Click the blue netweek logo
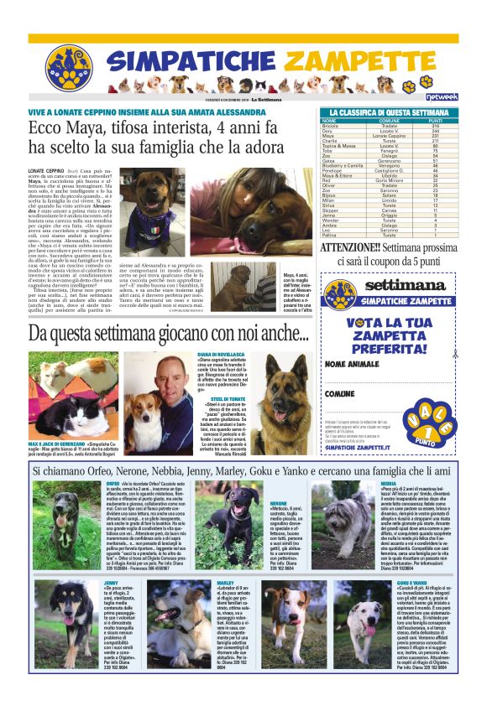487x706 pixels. pyautogui.click(x=442, y=97)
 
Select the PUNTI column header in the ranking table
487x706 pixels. pyautogui.click(x=436, y=121)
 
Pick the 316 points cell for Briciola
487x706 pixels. pyautogui.click(x=436, y=127)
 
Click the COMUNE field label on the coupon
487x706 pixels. pyautogui.click(x=340, y=392)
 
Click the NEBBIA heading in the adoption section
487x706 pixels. pyautogui.click(x=389, y=485)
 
